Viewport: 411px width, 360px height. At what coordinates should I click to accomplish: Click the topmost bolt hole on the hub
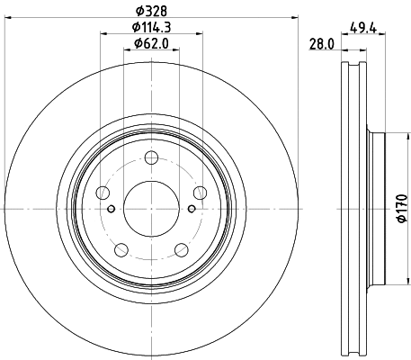[150, 159]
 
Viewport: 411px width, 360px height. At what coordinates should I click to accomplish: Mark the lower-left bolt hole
[121, 249]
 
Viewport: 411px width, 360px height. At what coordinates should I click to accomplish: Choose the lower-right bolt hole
[180, 249]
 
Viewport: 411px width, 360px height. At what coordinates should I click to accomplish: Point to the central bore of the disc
[150, 209]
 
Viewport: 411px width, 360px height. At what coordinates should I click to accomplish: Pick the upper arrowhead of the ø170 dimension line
[389, 136]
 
